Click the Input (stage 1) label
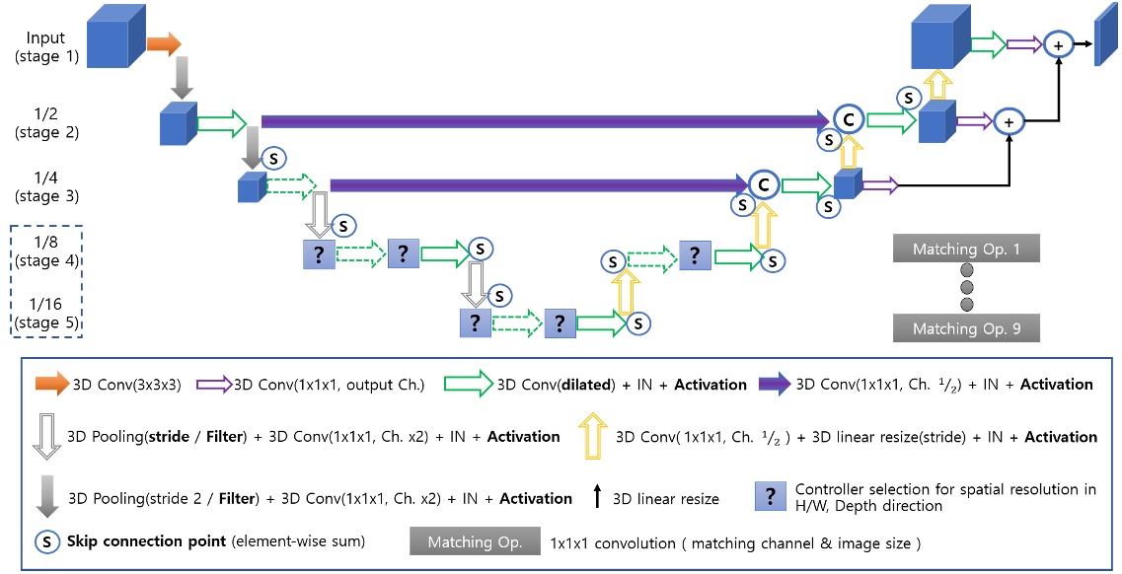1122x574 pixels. pyautogui.click(x=46, y=47)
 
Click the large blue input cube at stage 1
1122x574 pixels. pyautogui.click(x=115, y=38)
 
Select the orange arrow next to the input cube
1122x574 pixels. pyautogui.click(x=164, y=43)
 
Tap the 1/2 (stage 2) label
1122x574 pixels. pyautogui.click(x=46, y=123)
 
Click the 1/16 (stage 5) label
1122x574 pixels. pyautogui.click(x=46, y=311)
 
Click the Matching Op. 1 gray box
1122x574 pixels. pyautogui.click(x=966, y=249)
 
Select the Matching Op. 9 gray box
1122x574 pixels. pyautogui.click(x=966, y=327)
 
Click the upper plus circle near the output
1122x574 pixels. pyautogui.click(x=1058, y=44)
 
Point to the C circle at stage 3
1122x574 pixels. pyautogui.click(x=762, y=183)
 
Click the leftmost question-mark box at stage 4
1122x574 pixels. pyautogui.click(x=320, y=253)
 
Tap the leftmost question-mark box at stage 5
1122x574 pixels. pyautogui.click(x=475, y=322)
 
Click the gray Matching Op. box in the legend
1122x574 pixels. pyautogui.click(x=473, y=542)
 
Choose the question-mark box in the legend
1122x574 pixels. pyautogui.click(x=769, y=498)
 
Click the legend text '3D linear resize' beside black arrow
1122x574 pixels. pyautogui.click(x=666, y=499)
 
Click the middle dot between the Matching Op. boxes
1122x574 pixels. pyautogui.click(x=966, y=288)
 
